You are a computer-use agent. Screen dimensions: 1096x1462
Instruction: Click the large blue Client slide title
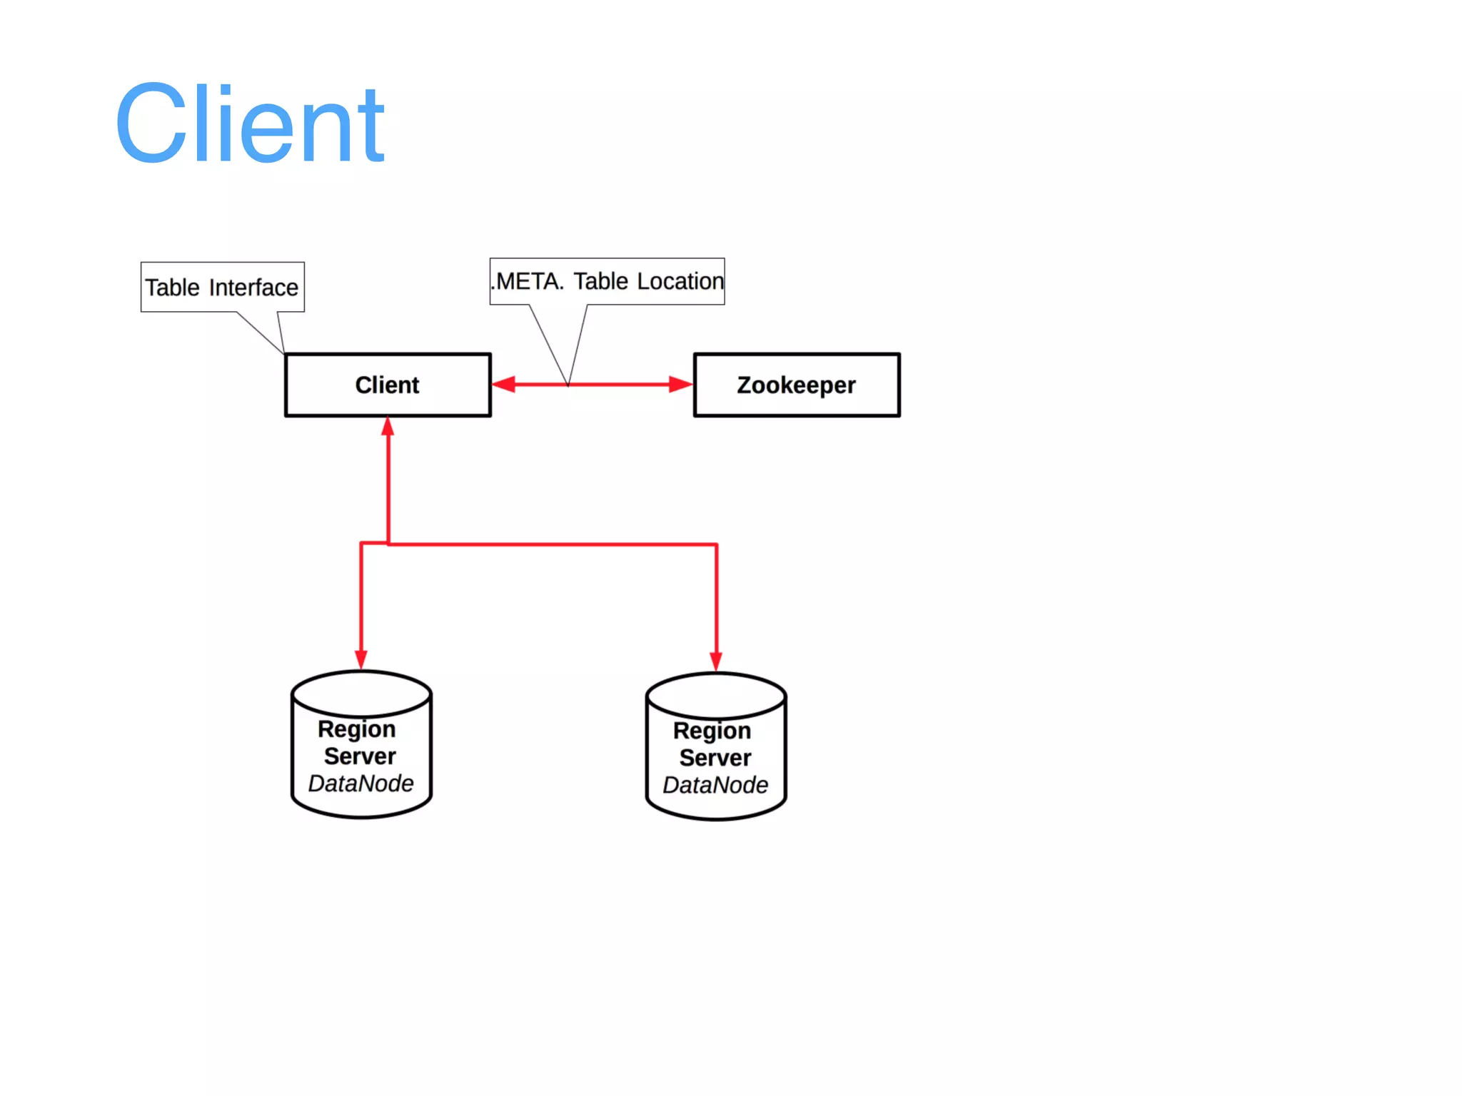(x=250, y=124)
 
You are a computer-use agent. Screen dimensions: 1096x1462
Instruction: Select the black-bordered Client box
(x=388, y=385)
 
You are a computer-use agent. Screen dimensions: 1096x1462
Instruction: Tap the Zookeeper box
(x=796, y=385)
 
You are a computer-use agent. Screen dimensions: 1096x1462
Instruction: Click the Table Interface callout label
(x=222, y=287)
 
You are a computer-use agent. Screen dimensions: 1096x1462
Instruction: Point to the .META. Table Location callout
(x=607, y=281)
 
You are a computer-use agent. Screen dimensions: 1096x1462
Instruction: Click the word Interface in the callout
(x=253, y=288)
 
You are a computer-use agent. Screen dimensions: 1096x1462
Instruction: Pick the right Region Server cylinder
(x=715, y=746)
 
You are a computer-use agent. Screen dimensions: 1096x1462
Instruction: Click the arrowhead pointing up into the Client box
(x=388, y=427)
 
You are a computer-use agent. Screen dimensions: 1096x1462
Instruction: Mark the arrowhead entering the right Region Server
(x=716, y=661)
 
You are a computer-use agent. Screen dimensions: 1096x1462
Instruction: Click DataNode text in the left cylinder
(x=361, y=783)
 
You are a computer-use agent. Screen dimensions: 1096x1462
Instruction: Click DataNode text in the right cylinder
(x=715, y=785)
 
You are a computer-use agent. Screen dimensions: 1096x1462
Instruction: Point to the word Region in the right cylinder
(x=712, y=731)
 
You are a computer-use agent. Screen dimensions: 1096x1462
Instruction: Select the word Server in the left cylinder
(x=360, y=756)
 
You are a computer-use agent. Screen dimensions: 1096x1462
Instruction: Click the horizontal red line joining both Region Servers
(x=553, y=544)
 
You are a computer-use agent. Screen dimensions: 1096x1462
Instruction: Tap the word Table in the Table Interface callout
(x=172, y=288)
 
